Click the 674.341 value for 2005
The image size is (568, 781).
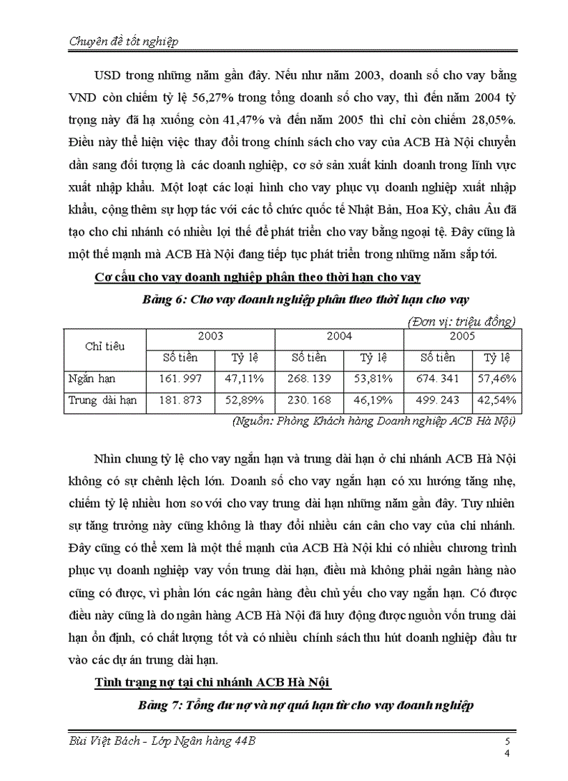pyautogui.click(x=438, y=379)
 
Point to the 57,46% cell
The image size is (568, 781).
pyautogui.click(x=496, y=379)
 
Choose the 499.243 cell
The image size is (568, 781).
pyautogui.click(x=438, y=401)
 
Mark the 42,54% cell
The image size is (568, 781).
pyautogui.click(x=496, y=401)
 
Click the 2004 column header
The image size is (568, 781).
pyautogui.click(x=339, y=337)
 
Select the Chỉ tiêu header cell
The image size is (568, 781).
pyautogui.click(x=104, y=346)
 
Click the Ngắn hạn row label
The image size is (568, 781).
pyautogui.click(x=92, y=379)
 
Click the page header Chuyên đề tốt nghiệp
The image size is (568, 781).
pyautogui.click(x=125, y=42)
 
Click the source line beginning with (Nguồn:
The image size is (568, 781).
pyautogui.click(x=372, y=421)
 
